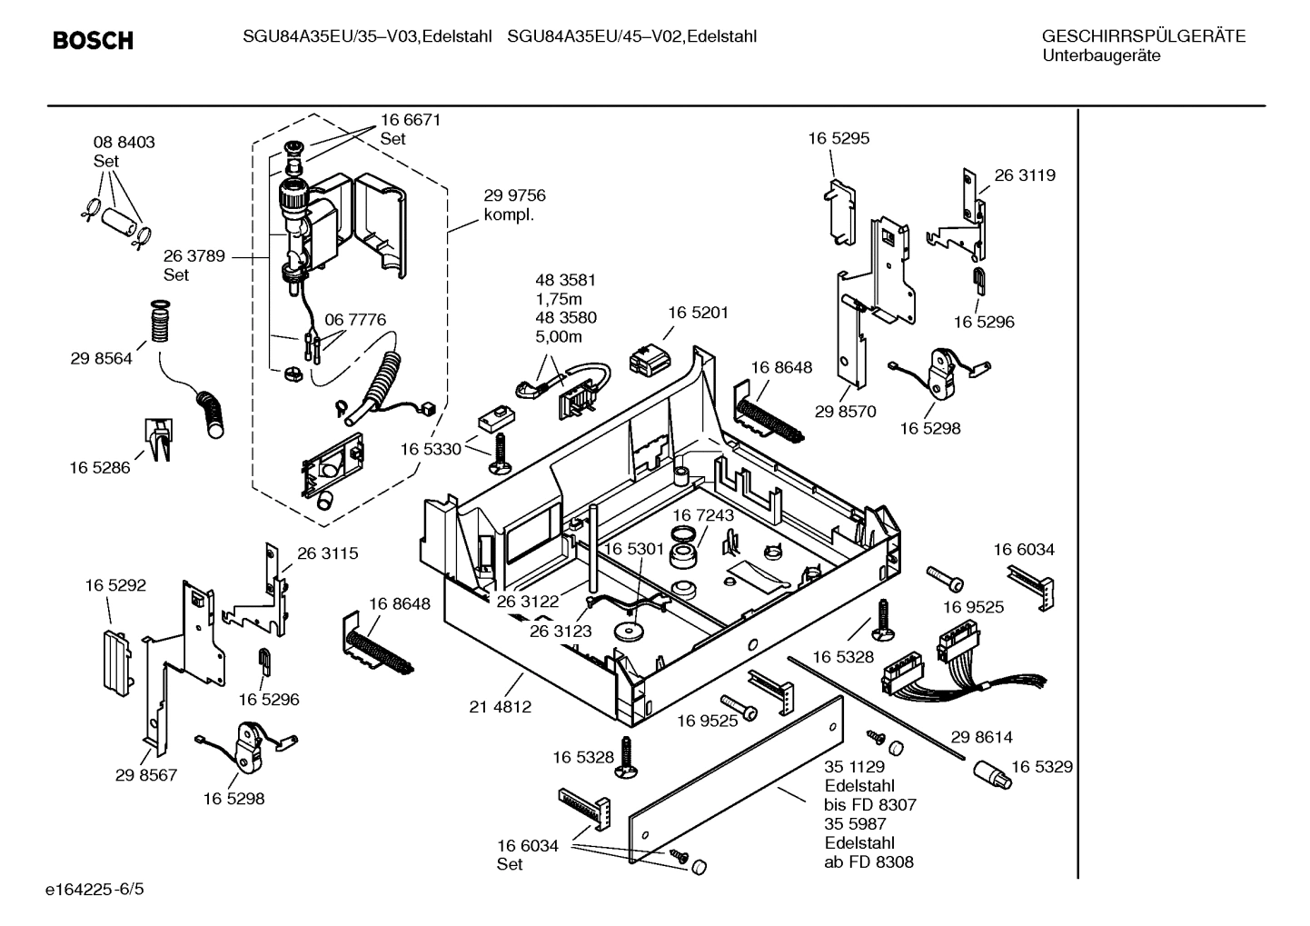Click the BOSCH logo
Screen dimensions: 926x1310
(x=93, y=40)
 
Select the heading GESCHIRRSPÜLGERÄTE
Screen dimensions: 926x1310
(x=1143, y=36)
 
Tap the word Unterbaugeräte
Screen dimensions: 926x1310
(x=1100, y=56)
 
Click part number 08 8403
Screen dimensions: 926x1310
(x=124, y=143)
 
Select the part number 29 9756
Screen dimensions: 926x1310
(x=514, y=195)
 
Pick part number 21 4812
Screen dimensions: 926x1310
(x=500, y=706)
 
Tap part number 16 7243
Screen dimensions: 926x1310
(x=702, y=515)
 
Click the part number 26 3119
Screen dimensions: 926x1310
(x=1025, y=175)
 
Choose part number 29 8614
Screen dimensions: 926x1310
(x=981, y=737)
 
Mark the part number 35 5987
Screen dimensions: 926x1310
(x=855, y=823)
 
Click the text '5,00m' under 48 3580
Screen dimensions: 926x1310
(x=559, y=337)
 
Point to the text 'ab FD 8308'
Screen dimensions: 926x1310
(x=868, y=861)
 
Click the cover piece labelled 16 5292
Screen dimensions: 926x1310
(x=113, y=656)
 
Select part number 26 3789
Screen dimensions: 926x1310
(x=194, y=256)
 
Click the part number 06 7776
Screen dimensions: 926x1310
(x=355, y=320)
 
